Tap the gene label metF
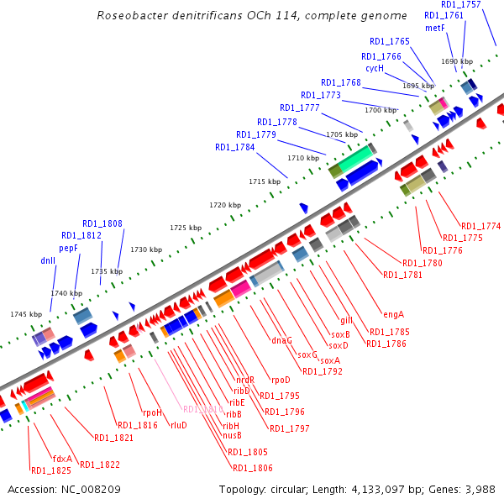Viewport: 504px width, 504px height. coord(434,28)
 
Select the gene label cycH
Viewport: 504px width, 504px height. coord(375,68)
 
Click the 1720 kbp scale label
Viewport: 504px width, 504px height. coord(224,205)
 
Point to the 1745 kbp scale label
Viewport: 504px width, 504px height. coord(26,314)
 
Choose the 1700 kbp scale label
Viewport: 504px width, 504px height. coord(380,110)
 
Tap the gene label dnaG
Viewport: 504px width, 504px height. coord(281,340)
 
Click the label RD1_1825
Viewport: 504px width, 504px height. coord(50,470)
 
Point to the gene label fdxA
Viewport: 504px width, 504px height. coord(62,459)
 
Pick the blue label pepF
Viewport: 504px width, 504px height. coord(69,249)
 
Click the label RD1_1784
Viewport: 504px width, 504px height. coord(234,147)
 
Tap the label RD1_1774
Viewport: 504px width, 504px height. coord(480,226)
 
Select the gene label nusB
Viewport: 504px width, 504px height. coord(232,435)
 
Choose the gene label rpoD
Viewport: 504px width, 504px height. coord(280,379)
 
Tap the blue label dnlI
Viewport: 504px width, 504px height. coord(48,260)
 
